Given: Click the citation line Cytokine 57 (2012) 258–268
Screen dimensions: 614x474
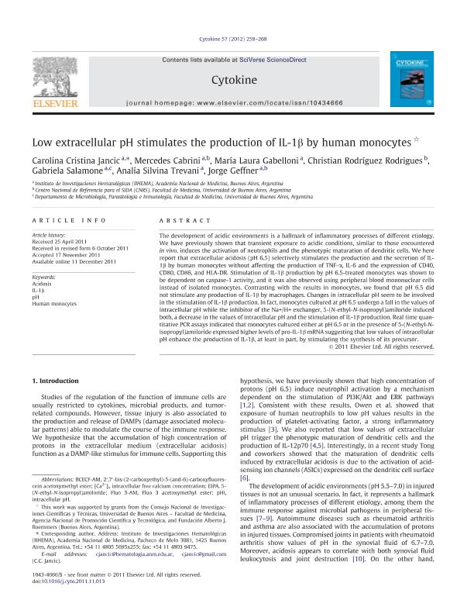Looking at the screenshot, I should [x=236, y=36].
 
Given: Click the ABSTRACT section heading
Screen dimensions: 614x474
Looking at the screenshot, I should [x=178, y=221].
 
